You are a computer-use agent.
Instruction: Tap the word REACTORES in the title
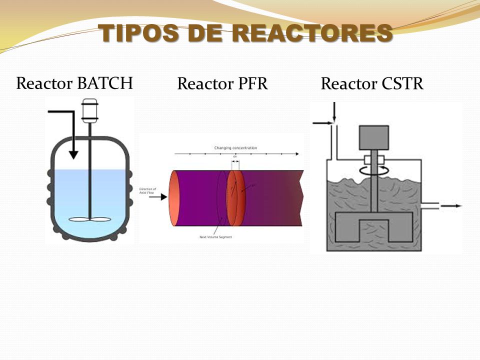(x=312, y=33)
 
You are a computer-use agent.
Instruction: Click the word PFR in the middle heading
(x=251, y=84)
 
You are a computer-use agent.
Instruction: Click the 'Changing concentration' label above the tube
(x=235, y=148)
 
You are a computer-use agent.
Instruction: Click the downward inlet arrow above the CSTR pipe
(x=334, y=112)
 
